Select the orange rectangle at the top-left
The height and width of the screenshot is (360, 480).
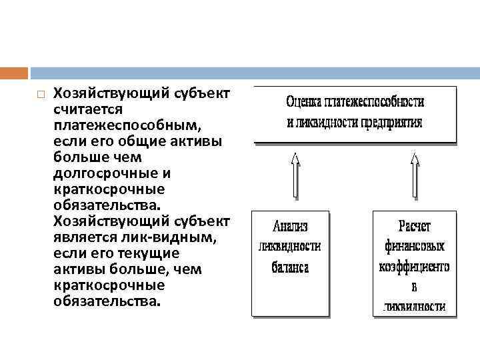click(14, 73)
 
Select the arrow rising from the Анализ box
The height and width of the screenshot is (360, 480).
click(295, 177)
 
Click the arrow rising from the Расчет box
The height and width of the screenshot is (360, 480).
click(415, 177)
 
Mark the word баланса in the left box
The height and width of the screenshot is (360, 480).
click(290, 267)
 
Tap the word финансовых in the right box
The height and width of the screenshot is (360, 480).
click(415, 246)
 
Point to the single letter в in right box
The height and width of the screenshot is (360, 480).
click(415, 287)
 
